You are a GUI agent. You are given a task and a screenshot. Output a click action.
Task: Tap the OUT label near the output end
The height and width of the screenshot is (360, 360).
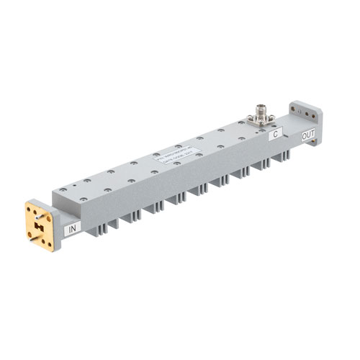307,135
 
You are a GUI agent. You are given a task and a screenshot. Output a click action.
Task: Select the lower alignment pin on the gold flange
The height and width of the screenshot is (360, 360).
34,237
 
